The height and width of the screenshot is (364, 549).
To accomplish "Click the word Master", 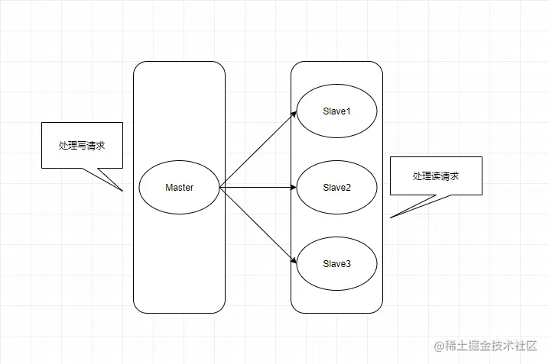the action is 179,188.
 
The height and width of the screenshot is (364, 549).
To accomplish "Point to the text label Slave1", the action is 336,112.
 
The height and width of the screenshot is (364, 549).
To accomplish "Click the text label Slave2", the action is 336,188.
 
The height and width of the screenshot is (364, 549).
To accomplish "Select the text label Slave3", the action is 336,264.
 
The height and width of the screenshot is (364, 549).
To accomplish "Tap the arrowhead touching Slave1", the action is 294,114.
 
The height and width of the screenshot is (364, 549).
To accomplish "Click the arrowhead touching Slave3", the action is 294,261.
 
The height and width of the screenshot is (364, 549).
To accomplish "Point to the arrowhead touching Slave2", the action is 293,187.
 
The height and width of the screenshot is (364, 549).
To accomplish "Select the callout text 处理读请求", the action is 436,176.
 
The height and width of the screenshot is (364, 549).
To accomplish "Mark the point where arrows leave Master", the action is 220,187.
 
